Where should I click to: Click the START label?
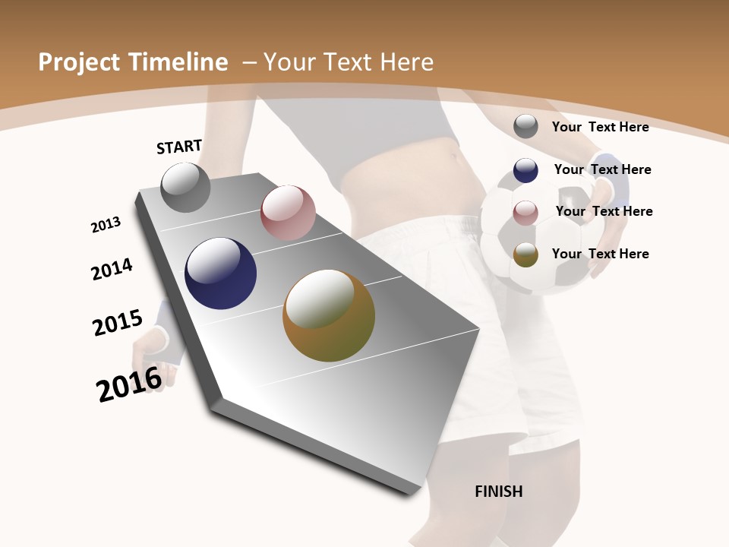pyautogui.click(x=179, y=146)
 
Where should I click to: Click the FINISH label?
pyautogui.click(x=499, y=492)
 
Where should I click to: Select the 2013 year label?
pyautogui.click(x=106, y=225)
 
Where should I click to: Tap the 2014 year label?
pyautogui.click(x=112, y=269)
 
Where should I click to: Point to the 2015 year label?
pyautogui.click(x=117, y=322)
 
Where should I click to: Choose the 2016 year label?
pyautogui.click(x=129, y=384)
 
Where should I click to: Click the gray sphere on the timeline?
pyautogui.click(x=186, y=187)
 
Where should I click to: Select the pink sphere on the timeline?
pyautogui.click(x=288, y=213)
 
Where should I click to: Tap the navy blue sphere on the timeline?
pyautogui.click(x=220, y=273)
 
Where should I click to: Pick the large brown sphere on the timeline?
pyautogui.click(x=329, y=315)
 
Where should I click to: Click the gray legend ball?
pyautogui.click(x=525, y=126)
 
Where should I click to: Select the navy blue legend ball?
pyautogui.click(x=525, y=170)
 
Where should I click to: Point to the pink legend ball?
pyautogui.click(x=525, y=213)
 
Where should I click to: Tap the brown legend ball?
pyautogui.click(x=525, y=255)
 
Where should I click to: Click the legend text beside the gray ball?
pyautogui.click(x=600, y=127)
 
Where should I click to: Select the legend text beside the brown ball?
pyautogui.click(x=600, y=254)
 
